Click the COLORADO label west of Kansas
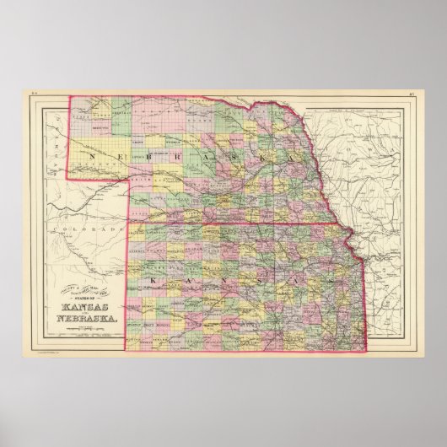(x=100, y=229)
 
